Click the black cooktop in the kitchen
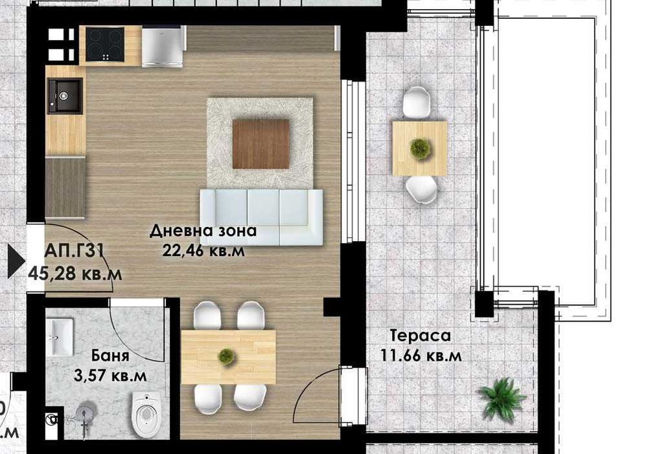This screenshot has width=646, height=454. [x=105, y=44]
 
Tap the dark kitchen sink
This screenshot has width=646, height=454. [x=65, y=96]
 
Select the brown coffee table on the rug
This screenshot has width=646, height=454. [x=260, y=144]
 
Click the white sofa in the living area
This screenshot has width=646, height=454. [x=260, y=216]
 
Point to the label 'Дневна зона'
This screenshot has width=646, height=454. [x=203, y=231]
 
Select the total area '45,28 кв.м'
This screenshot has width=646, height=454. [x=75, y=274]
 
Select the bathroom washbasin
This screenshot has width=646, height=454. [x=61, y=336]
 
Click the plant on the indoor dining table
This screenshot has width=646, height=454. [x=226, y=355]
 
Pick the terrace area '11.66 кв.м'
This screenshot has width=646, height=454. [x=422, y=355]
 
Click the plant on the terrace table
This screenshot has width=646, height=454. [x=420, y=149]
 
